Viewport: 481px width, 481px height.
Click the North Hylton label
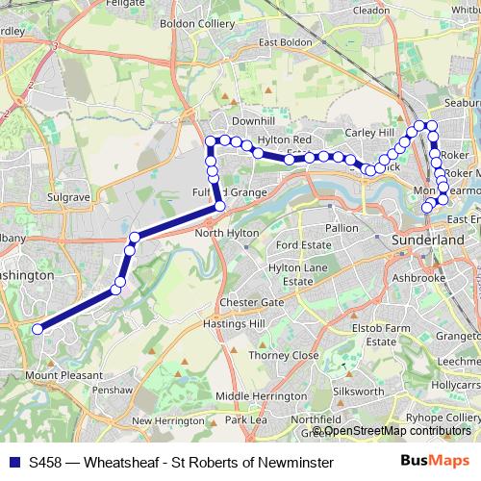[223, 234]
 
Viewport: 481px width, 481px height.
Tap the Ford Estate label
[303, 245]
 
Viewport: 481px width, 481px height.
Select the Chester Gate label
[251, 302]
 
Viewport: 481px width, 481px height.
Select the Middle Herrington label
[262, 395]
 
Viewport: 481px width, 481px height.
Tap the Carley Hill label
[370, 132]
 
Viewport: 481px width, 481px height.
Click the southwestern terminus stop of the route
[38, 329]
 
